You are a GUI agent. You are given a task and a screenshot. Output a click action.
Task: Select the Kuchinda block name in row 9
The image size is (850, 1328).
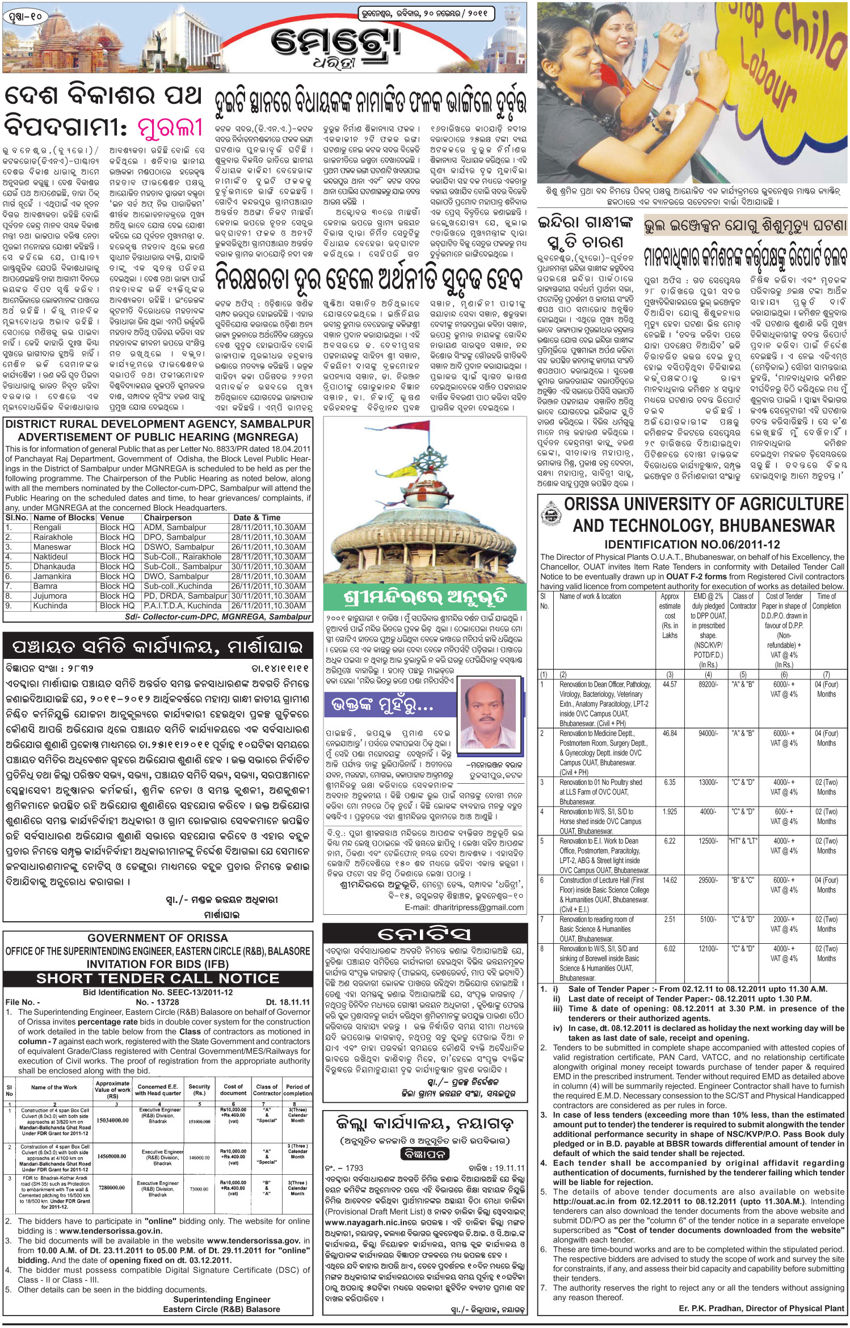click(x=50, y=606)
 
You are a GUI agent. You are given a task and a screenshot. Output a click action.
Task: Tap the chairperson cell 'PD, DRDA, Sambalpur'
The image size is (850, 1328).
click(x=185, y=596)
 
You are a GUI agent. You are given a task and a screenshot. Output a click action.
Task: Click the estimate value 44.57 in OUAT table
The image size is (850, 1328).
click(x=670, y=684)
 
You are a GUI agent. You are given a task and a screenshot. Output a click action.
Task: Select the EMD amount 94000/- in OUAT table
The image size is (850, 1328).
click(x=708, y=733)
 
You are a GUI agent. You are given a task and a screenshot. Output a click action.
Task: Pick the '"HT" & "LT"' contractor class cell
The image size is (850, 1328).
click(x=743, y=841)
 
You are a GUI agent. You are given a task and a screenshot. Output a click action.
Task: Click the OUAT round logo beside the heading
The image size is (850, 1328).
click(x=549, y=514)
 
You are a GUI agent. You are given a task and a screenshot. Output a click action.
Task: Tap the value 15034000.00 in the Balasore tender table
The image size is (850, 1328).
click(x=112, y=1121)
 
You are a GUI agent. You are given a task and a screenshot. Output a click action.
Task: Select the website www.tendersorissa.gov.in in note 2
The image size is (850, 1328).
click(x=110, y=1232)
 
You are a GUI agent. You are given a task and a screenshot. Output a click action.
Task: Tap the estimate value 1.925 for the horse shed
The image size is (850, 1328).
click(x=670, y=812)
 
